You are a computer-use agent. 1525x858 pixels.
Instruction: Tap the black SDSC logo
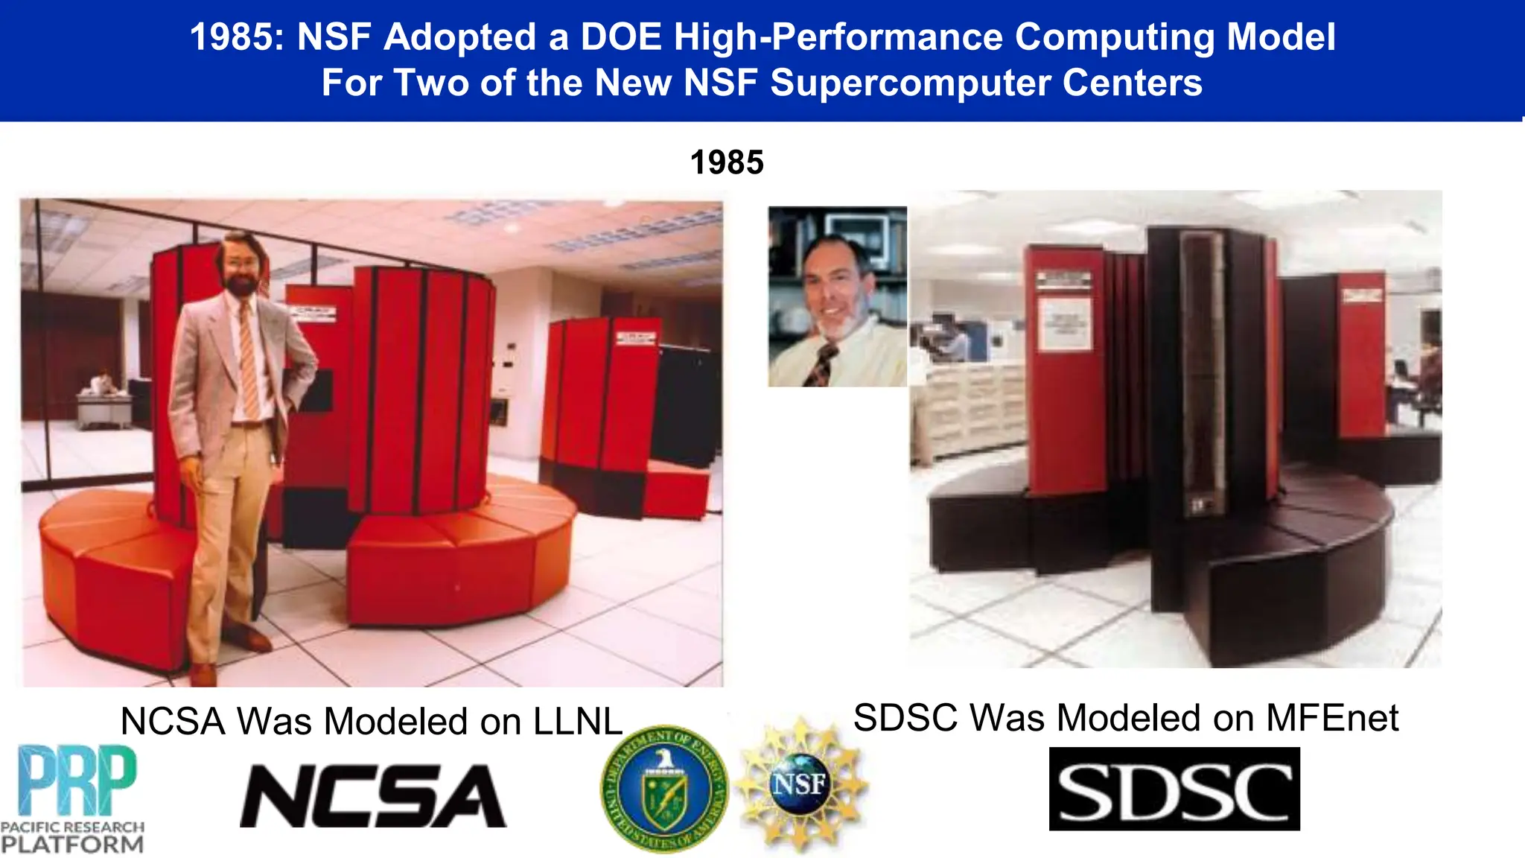(1174, 789)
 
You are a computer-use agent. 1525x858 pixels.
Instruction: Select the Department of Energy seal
(663, 789)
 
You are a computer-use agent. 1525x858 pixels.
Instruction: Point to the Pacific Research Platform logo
(72, 798)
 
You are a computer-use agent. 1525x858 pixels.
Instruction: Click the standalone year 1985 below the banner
(727, 162)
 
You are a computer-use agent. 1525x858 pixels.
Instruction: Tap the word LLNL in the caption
(578, 722)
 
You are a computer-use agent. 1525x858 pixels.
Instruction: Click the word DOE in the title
(621, 37)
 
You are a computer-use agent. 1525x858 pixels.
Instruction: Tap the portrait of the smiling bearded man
(838, 296)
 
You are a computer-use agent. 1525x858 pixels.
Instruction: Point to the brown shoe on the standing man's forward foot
(203, 674)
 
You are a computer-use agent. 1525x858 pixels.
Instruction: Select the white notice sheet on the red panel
(1065, 323)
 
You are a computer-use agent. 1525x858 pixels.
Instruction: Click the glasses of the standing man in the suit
(240, 262)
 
